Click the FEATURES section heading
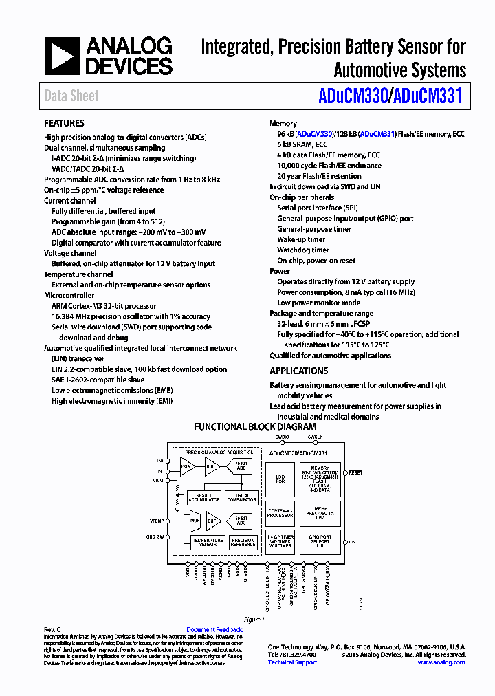click(64, 123)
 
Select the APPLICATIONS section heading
click(298, 371)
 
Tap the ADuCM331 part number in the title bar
click(427, 96)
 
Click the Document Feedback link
click(214, 629)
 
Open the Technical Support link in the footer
click(292, 662)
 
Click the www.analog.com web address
click(441, 662)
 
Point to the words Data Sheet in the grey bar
click(71, 96)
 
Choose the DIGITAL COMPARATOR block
click(242, 497)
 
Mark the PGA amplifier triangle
click(186, 466)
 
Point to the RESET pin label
click(355, 473)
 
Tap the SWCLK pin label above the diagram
click(315, 437)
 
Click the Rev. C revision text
click(53, 629)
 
